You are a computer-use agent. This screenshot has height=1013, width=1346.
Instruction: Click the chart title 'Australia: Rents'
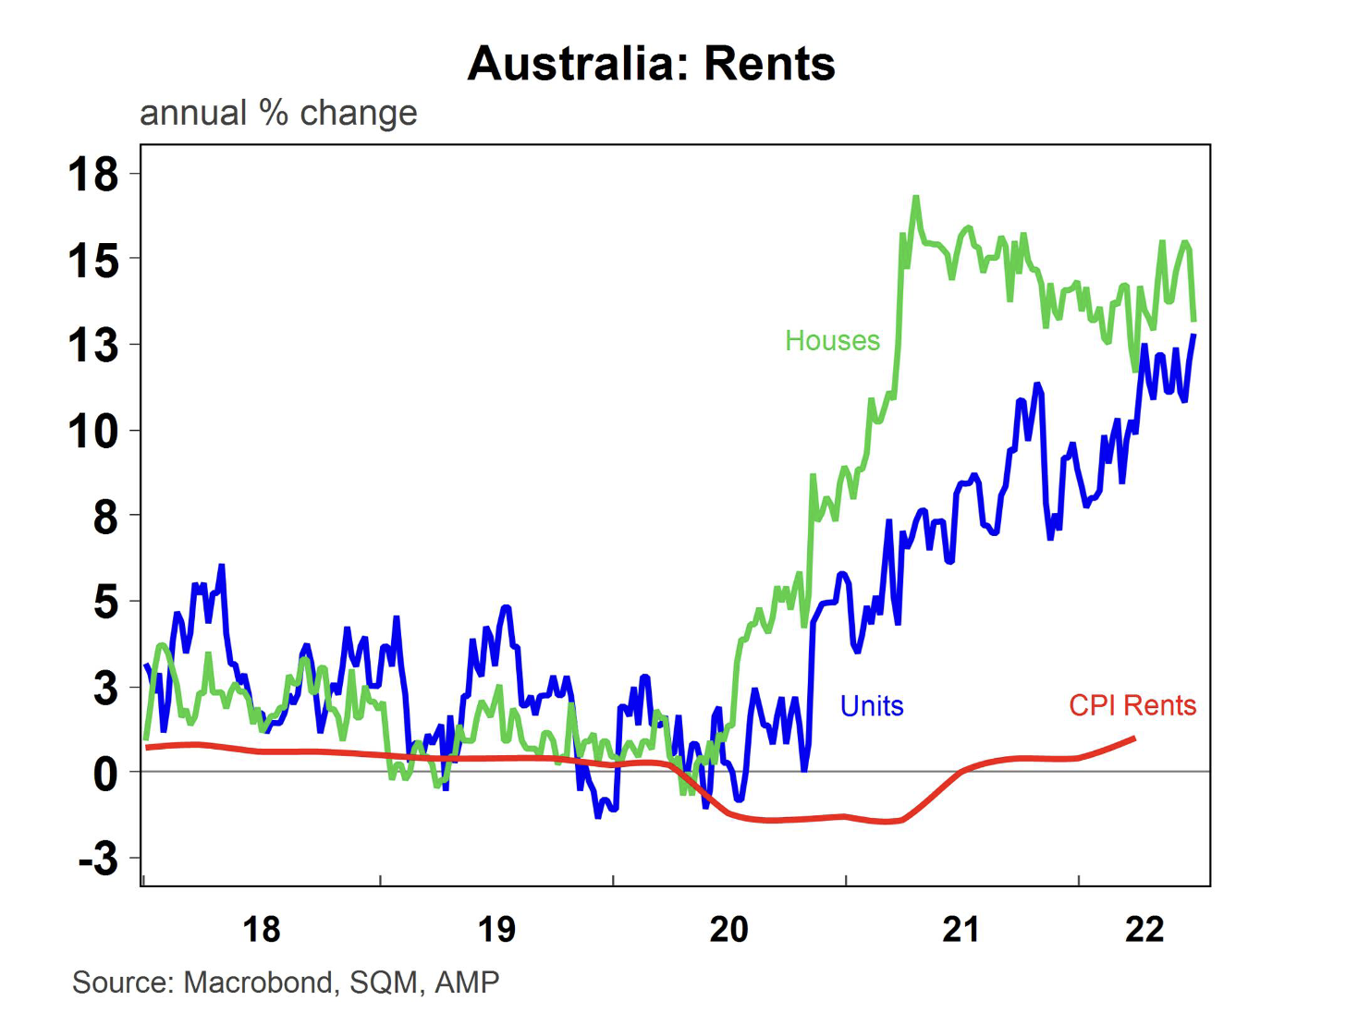(651, 64)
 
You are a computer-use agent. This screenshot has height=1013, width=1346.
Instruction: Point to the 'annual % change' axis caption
(278, 113)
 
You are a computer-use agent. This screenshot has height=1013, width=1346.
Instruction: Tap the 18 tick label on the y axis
(93, 174)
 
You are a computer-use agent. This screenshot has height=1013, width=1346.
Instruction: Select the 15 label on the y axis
(93, 261)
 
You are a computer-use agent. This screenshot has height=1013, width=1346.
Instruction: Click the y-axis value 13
(93, 346)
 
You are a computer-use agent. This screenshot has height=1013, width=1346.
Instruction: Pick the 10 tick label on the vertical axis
(93, 431)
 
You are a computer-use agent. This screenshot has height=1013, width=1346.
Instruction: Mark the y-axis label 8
(105, 517)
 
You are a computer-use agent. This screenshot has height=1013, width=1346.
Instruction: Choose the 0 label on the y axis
(105, 773)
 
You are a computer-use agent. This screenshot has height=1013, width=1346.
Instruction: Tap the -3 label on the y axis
(98, 859)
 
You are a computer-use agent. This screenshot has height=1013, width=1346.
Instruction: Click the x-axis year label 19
(496, 929)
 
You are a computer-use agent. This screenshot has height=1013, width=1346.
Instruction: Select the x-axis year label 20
(728, 929)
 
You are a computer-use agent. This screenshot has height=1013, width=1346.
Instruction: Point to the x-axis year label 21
(961, 929)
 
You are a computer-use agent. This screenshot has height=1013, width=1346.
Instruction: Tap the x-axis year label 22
(1144, 929)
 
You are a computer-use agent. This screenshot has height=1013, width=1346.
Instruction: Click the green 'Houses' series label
(832, 341)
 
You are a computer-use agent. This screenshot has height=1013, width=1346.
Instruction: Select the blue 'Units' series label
(871, 706)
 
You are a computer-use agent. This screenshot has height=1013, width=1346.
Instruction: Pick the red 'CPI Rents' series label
(1132, 706)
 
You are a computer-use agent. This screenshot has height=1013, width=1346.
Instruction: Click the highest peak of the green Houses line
(915, 197)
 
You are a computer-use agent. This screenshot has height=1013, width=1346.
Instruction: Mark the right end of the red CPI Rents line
(1134, 738)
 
